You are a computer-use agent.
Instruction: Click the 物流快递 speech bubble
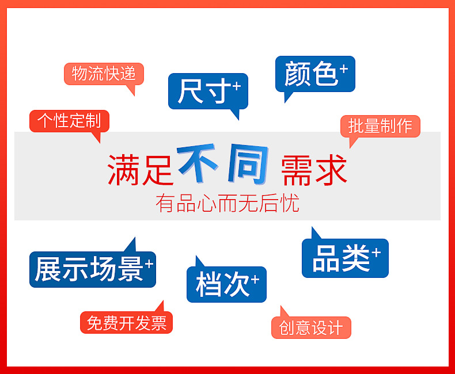(104, 74)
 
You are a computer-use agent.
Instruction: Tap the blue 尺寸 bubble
(207, 91)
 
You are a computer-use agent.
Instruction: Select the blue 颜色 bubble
(314, 74)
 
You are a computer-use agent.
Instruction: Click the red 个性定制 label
(69, 121)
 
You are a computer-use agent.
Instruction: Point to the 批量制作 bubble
(380, 126)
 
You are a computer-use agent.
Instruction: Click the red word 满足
(140, 170)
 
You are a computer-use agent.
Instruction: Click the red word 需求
(314, 170)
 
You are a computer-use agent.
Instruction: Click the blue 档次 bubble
(226, 284)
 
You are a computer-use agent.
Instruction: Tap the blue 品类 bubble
(344, 258)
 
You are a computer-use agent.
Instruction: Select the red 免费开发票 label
(126, 323)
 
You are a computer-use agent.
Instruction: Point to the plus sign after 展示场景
(149, 264)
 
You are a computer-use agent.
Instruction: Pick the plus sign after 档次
(255, 278)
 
